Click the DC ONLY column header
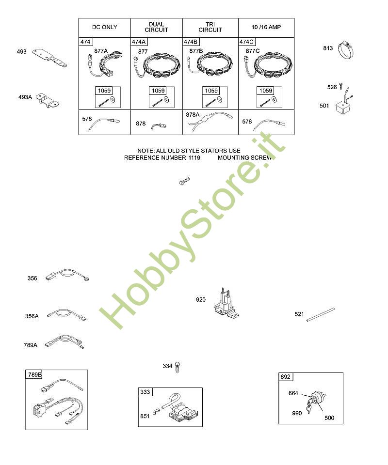click(104, 27)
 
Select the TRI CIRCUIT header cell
click(210, 27)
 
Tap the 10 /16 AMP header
click(266, 27)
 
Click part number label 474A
click(139, 42)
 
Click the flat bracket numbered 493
click(49, 58)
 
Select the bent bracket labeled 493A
click(48, 101)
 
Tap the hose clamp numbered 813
click(345, 50)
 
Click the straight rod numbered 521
click(321, 315)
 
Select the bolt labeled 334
click(177, 367)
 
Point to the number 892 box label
click(285, 377)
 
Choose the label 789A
click(31, 345)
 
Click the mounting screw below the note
click(184, 181)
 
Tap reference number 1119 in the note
click(194, 158)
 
